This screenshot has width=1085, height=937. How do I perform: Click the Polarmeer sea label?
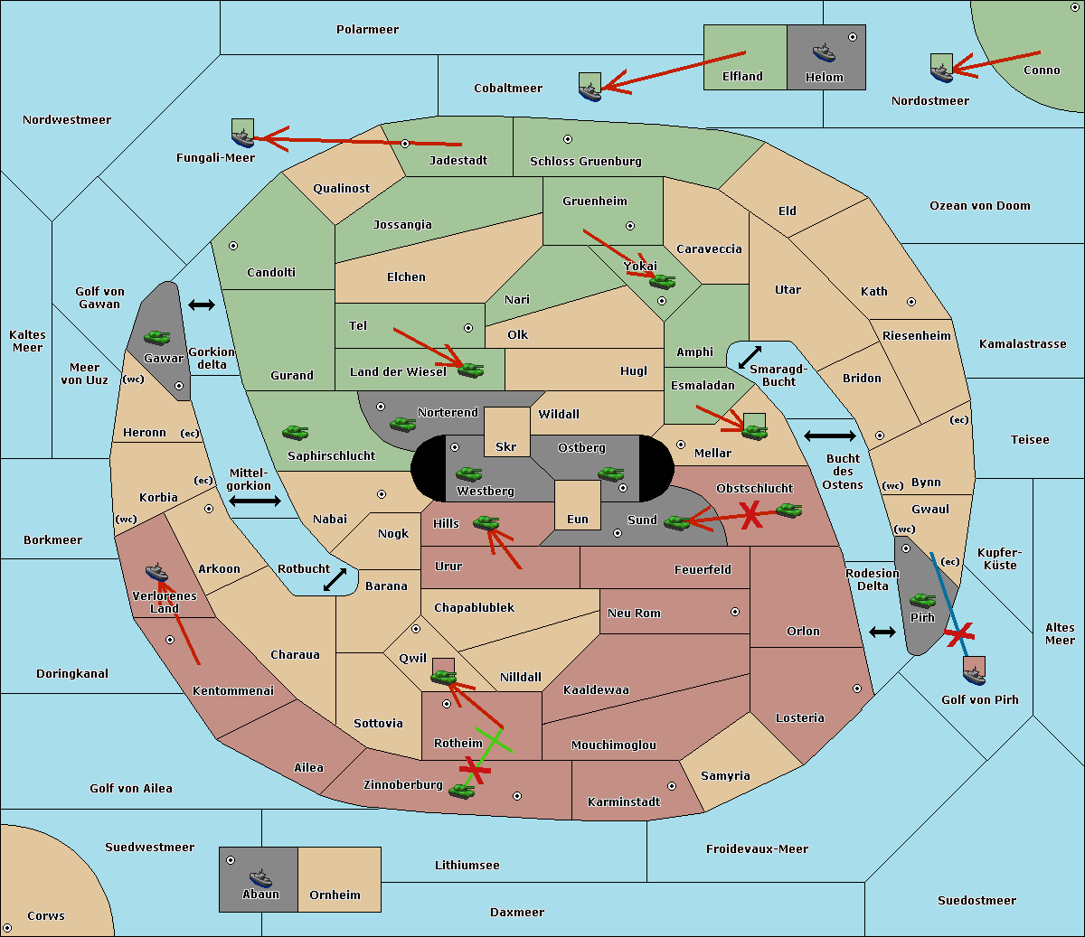pyautogui.click(x=367, y=30)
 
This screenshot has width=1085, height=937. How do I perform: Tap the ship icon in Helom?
pyautogui.click(x=824, y=52)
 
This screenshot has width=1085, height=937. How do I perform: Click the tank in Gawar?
pyautogui.click(x=157, y=337)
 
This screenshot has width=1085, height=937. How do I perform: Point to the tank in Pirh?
pyautogui.click(x=922, y=600)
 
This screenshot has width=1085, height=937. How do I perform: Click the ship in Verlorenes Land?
pyautogui.click(x=156, y=572)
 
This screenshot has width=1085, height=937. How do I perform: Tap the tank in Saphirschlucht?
pyautogui.click(x=295, y=432)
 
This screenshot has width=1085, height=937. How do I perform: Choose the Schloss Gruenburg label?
pyautogui.click(x=585, y=161)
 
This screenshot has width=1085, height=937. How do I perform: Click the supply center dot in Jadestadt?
pyautogui.click(x=405, y=144)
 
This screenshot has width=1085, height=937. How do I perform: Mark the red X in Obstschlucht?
pyautogui.click(x=751, y=514)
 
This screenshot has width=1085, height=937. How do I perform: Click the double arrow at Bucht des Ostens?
pyautogui.click(x=830, y=436)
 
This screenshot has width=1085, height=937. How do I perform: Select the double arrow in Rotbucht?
pyautogui.click(x=335, y=580)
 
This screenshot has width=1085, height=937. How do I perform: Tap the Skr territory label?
pyautogui.click(x=506, y=446)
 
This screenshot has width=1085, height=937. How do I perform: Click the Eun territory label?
pyautogui.click(x=578, y=519)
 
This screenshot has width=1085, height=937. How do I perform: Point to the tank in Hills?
pyautogui.click(x=486, y=523)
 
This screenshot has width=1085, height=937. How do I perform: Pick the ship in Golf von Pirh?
pyautogui.click(x=975, y=675)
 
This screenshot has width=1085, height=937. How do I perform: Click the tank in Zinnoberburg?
pyautogui.click(x=462, y=792)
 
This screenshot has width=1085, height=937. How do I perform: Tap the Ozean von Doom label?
pyautogui.click(x=979, y=206)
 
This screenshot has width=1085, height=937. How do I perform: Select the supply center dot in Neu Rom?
pyautogui.click(x=735, y=612)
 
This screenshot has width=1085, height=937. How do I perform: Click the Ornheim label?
pyautogui.click(x=335, y=895)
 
